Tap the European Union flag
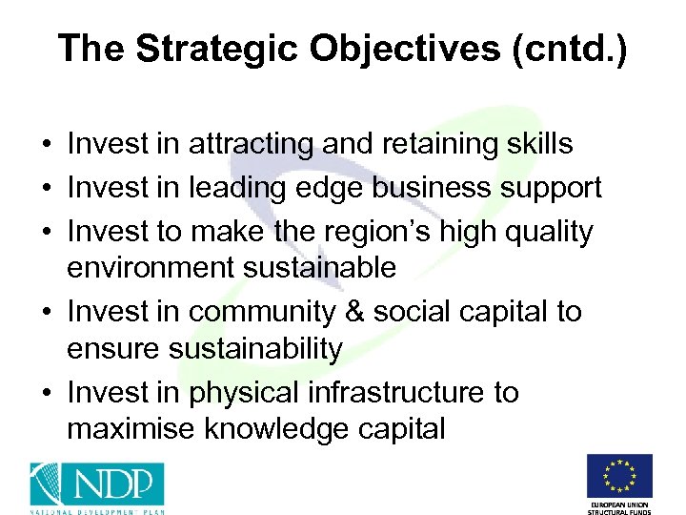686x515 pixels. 619,476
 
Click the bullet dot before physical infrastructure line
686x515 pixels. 46,394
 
